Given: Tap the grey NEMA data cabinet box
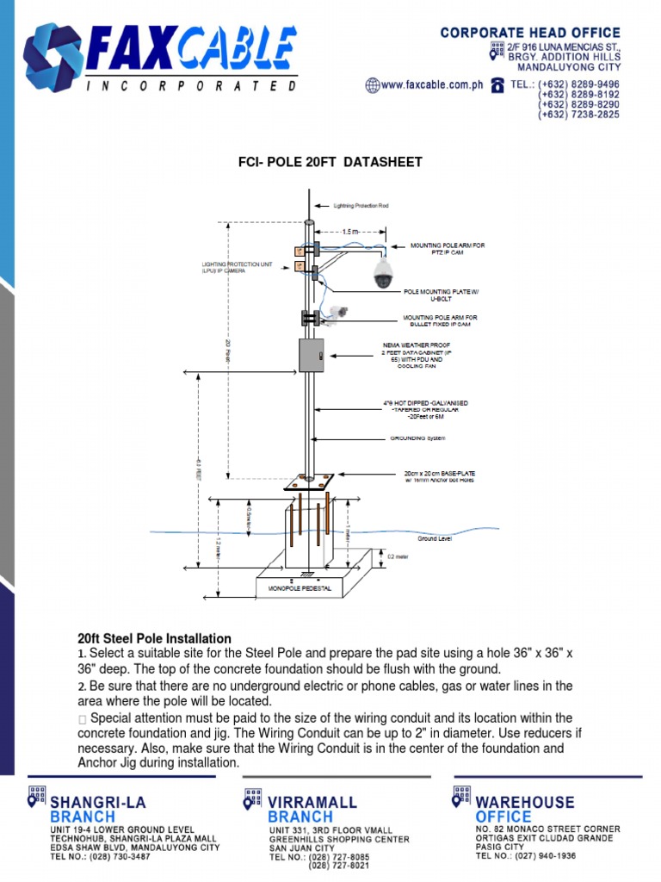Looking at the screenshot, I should (310, 355).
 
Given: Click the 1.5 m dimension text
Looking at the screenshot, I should (350, 232).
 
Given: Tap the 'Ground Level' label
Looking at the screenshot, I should (435, 538).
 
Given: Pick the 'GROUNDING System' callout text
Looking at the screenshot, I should (418, 438).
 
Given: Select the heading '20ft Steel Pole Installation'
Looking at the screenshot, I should (154, 638).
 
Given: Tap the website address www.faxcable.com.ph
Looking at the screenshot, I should (429, 85).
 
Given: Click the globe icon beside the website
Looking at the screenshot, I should (372, 85).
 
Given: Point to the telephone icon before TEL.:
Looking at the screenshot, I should (497, 84).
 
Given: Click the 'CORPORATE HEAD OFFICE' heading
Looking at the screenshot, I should (529, 33).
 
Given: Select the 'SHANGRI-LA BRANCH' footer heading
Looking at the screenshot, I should (96, 809).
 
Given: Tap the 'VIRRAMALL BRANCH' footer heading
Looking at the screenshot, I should (312, 809).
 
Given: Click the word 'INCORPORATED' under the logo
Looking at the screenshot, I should (191, 86).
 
